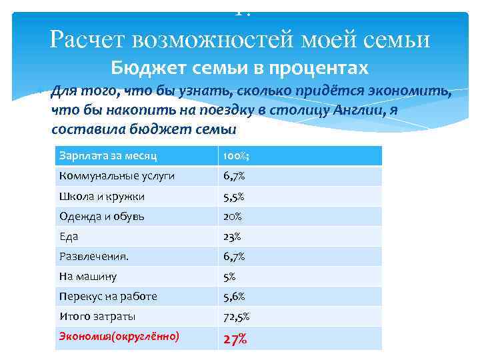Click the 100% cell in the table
click(x=236, y=156)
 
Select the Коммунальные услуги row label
click(x=117, y=176)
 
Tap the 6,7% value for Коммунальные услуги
click(x=235, y=176)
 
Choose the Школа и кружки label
click(x=102, y=197)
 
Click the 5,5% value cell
click(x=235, y=197)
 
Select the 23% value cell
click(x=233, y=237)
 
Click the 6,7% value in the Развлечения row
click(x=235, y=257)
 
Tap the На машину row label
click(x=88, y=277)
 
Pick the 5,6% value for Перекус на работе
click(x=235, y=296)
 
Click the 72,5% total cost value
click(x=237, y=316)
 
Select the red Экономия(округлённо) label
click(x=119, y=337)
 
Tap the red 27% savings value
click(x=235, y=339)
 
